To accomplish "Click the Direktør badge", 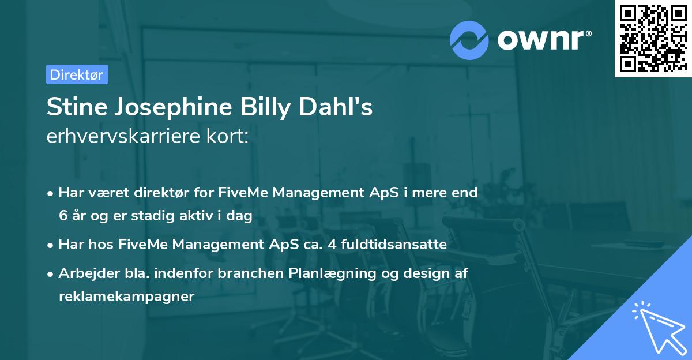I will click(77, 74).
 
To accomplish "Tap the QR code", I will click(650, 39).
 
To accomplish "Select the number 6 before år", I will click(62, 216).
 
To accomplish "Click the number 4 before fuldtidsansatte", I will click(332, 245).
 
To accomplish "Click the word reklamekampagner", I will click(126, 297).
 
